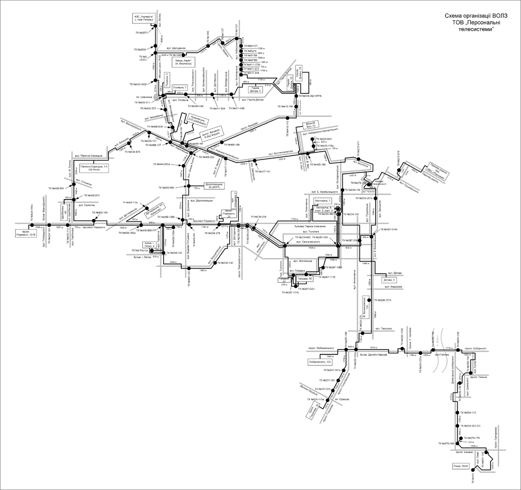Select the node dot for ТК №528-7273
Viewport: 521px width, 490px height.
[373, 301]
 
